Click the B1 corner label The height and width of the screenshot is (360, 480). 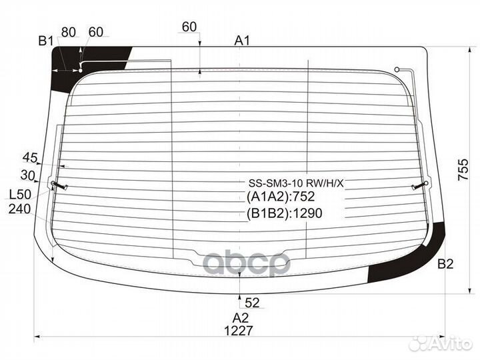point(46,41)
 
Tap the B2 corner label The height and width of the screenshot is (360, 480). point(445,264)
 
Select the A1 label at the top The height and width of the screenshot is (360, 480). point(242,41)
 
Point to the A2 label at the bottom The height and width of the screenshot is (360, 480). point(240,318)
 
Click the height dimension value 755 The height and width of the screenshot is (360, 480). point(463,169)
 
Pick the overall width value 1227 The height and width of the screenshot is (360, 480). point(239,331)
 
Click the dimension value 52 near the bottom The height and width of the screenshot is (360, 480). point(252,303)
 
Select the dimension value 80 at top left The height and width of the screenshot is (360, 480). point(69,32)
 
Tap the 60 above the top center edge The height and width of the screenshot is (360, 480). point(189,27)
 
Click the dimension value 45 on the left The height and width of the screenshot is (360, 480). point(30,158)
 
